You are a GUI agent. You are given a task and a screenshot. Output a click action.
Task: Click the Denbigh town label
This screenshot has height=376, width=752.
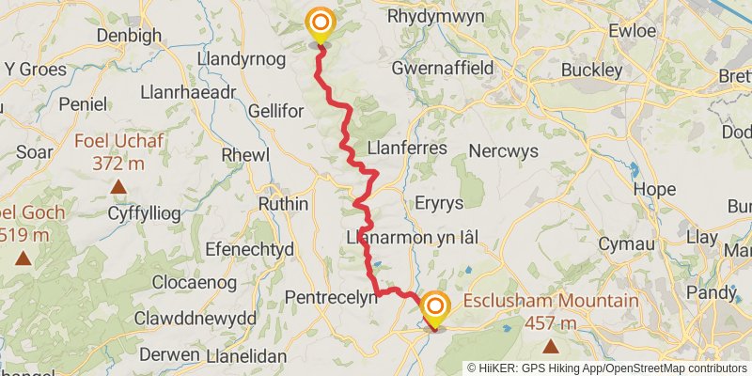[130, 36]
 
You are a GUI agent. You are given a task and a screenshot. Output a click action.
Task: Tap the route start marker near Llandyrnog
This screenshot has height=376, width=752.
[320, 23]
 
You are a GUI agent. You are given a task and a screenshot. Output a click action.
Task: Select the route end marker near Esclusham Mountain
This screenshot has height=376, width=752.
[434, 309]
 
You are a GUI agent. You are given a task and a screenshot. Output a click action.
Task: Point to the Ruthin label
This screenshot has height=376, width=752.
[283, 204]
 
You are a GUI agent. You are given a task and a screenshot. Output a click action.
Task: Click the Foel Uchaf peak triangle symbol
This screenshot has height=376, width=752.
[118, 186]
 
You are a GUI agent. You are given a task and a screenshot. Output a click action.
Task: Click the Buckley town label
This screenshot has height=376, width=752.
[591, 70]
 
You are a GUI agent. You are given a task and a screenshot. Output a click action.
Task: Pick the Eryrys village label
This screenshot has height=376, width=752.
[438, 203]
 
